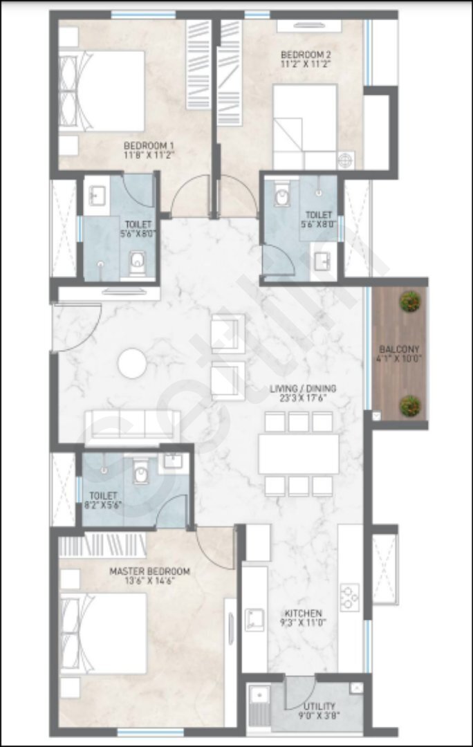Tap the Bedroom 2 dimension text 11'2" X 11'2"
(x=306, y=63)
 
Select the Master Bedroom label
(x=149, y=571)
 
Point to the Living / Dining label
(x=303, y=388)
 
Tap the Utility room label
(x=319, y=705)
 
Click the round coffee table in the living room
(x=132, y=363)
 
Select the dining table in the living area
(x=299, y=454)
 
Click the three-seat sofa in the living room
(x=132, y=425)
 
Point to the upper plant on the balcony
(x=410, y=302)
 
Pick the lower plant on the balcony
(x=410, y=405)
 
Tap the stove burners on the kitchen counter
(x=350, y=597)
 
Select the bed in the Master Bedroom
(x=102, y=633)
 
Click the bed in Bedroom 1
(x=101, y=91)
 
